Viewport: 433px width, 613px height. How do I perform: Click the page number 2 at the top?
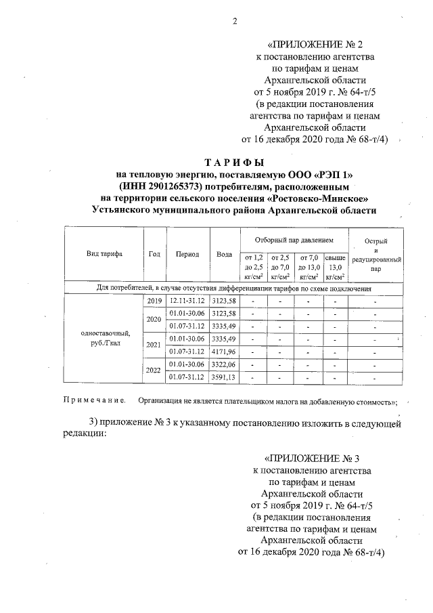[235, 21]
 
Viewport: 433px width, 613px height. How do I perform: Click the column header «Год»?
[154, 254]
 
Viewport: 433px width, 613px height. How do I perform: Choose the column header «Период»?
[187, 254]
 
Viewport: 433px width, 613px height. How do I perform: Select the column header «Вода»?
[224, 254]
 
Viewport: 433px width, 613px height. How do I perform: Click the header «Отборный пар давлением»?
[294, 240]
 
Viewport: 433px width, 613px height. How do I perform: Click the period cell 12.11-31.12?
[187, 300]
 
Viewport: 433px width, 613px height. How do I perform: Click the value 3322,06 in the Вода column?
[224, 364]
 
